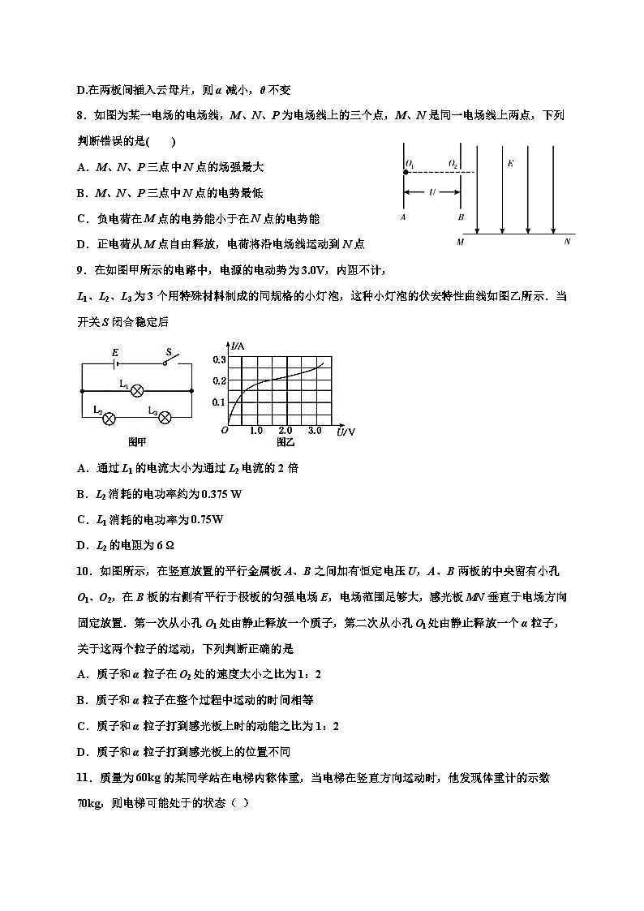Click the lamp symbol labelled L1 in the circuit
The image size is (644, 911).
[137, 389]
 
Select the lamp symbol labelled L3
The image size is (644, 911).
[165, 418]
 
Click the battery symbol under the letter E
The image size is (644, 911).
[117, 363]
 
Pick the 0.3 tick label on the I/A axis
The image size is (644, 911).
[218, 359]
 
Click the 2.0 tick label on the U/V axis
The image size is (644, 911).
[285, 430]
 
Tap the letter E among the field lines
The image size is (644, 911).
[510, 163]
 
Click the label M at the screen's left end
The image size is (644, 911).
[461, 242]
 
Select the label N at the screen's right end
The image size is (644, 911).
[567, 242]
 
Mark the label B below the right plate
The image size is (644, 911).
[460, 217]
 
